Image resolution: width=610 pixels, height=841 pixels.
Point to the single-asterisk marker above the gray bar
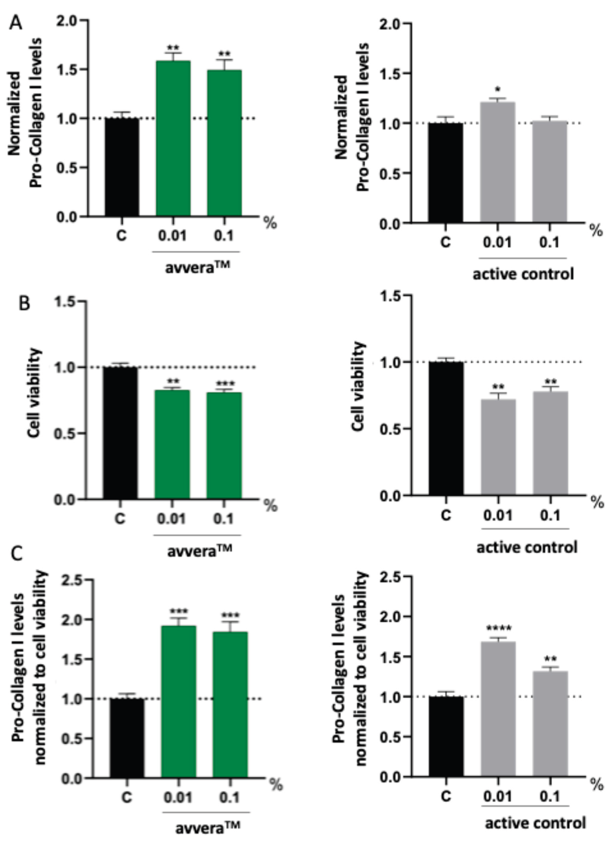[498, 90]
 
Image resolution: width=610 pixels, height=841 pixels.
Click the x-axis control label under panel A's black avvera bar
[121, 236]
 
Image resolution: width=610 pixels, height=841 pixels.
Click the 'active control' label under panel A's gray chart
[523, 274]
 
